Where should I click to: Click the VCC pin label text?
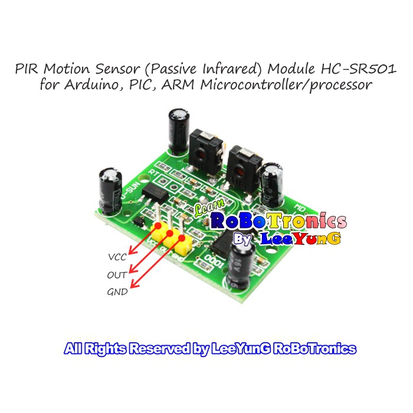(117, 257)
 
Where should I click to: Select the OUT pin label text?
(117, 274)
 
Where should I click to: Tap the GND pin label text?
(117, 291)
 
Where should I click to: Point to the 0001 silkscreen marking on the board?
(214, 262)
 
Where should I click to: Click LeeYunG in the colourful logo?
(302, 239)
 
